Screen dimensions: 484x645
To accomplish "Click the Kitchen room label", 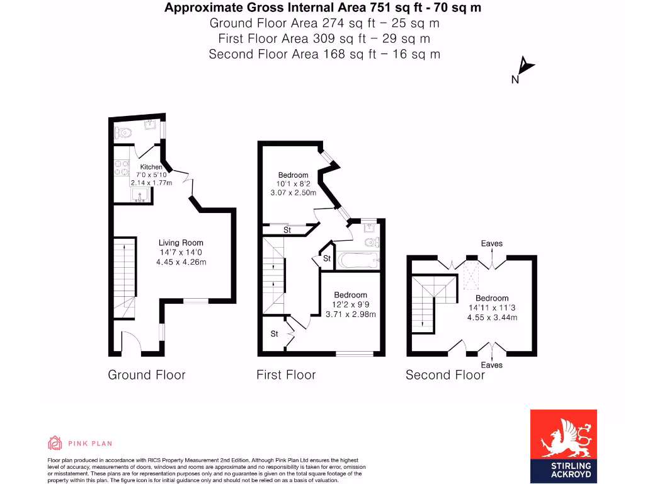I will pos(151,167).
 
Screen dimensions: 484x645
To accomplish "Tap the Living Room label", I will pos(181,243).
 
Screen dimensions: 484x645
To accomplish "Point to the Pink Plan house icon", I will pos(55,443).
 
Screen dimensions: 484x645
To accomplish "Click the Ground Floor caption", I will pos(147,375).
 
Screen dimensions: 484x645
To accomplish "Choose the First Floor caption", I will pos(286,375).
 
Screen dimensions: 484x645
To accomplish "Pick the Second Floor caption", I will pos(445,375).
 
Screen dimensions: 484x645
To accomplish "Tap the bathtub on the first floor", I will pos(357,259).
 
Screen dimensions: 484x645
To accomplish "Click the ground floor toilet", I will pos(123,132).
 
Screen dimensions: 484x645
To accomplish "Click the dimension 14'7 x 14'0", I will pos(181,253).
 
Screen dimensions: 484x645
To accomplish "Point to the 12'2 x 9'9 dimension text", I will pos(350,305).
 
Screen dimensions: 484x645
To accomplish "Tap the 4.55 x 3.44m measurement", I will pos(492,318).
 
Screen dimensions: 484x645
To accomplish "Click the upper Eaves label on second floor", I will pos(492,244).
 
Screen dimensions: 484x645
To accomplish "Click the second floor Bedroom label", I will pos(492,298).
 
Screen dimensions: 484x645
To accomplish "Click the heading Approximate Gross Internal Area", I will pos(324,8).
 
